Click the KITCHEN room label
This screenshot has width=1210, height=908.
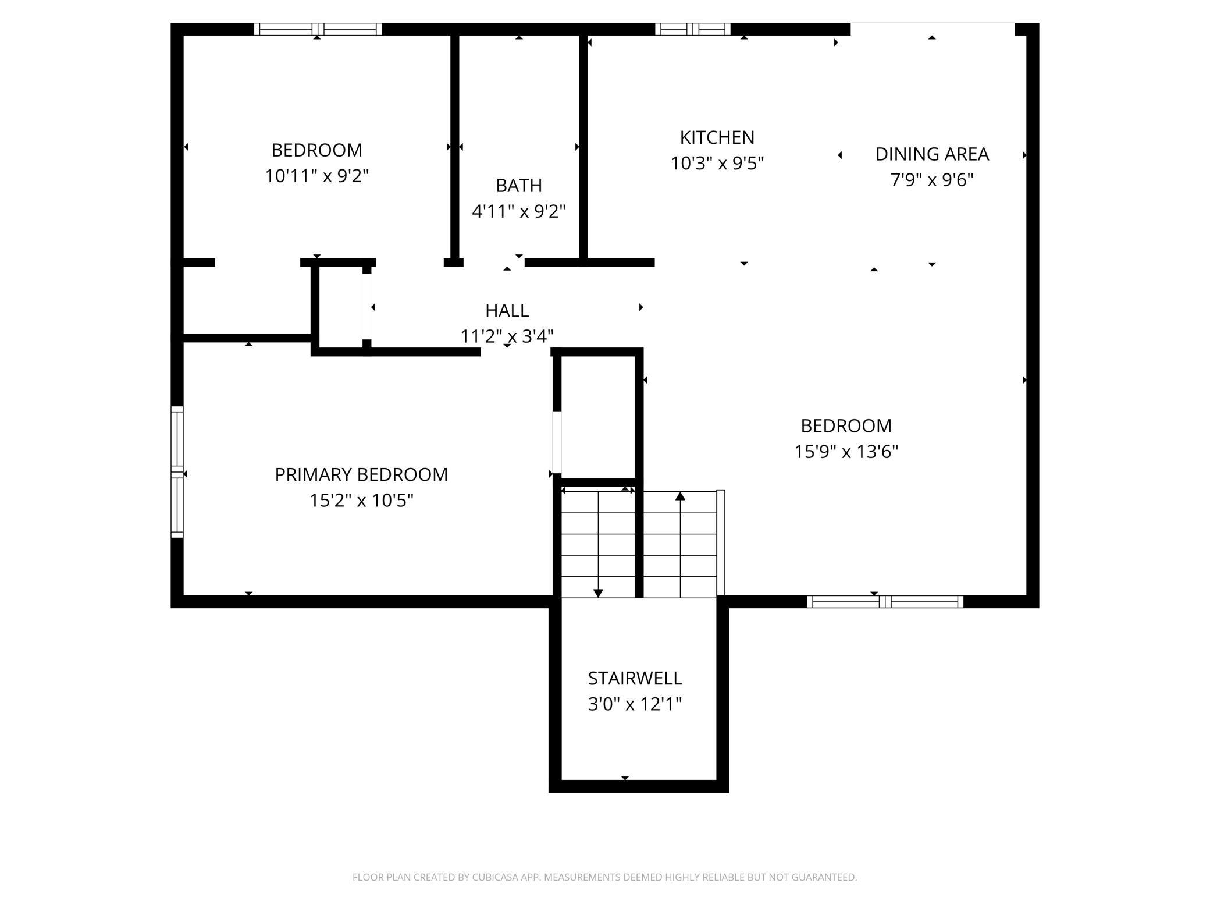717,137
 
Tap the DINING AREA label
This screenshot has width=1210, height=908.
932,154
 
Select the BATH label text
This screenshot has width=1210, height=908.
519,186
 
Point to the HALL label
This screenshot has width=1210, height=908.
507,311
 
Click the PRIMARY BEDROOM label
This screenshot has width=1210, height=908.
361,475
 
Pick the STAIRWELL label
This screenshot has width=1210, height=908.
635,679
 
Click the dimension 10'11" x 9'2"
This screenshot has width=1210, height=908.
317,176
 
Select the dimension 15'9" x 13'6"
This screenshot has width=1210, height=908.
846,452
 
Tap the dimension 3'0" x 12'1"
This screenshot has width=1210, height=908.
635,704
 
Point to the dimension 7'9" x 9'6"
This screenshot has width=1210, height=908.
932,180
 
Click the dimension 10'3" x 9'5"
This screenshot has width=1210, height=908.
717,164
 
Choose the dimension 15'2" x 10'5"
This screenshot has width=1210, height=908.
361,501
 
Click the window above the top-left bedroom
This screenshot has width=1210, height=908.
318,29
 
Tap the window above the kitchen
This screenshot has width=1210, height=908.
692,29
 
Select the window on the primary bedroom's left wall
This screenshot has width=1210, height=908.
177,471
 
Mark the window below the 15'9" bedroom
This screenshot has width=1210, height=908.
885,602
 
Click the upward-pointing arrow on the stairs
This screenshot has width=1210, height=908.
680,544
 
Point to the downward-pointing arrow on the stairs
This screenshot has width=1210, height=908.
598,544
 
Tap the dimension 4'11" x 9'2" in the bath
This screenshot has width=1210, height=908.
519,211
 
